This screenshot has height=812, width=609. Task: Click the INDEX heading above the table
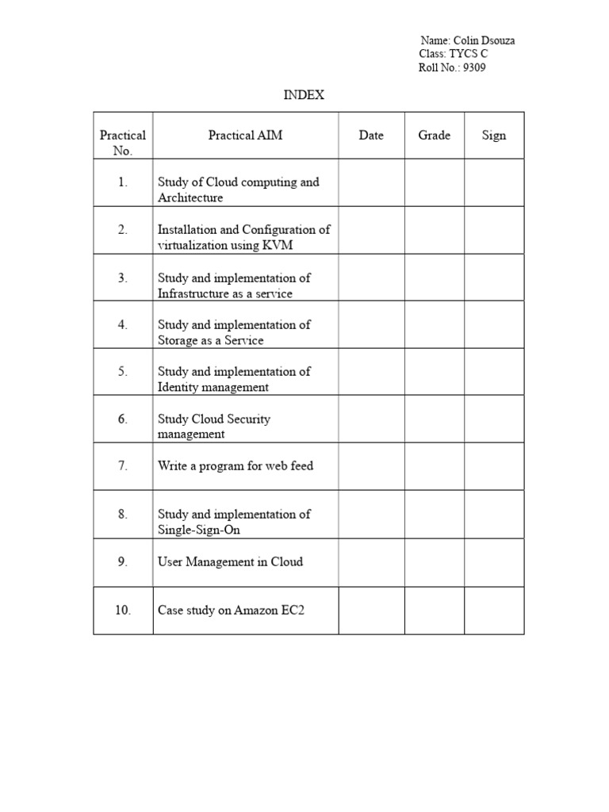[x=304, y=95]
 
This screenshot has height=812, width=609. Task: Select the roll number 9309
[x=476, y=67]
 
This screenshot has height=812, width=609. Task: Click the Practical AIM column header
[x=245, y=135]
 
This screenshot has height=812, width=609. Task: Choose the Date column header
[x=371, y=135]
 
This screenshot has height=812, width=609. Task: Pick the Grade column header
[x=434, y=135]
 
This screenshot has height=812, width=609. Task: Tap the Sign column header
[x=493, y=135]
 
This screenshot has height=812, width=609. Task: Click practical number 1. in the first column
[x=122, y=182]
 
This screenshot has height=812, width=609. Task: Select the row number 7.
[x=122, y=465]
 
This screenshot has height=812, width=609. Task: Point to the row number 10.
[x=122, y=611]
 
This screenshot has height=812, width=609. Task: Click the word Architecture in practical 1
[x=190, y=197]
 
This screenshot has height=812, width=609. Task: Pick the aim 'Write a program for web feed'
[x=235, y=465]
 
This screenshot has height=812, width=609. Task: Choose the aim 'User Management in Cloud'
[x=230, y=561]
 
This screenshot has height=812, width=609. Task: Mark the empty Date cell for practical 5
[x=372, y=372]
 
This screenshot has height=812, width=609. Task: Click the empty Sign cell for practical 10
[x=494, y=611]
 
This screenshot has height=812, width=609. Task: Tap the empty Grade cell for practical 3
[x=435, y=278]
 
